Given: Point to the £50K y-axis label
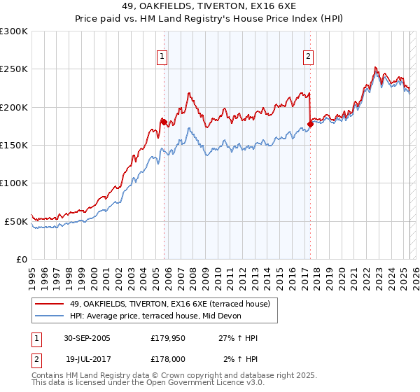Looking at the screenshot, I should [16, 221].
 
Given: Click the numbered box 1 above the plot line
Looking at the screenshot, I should [162, 57].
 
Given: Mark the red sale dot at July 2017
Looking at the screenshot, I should [310, 123].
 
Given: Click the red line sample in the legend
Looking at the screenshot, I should [50, 303].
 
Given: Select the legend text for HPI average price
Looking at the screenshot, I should [155, 316].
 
